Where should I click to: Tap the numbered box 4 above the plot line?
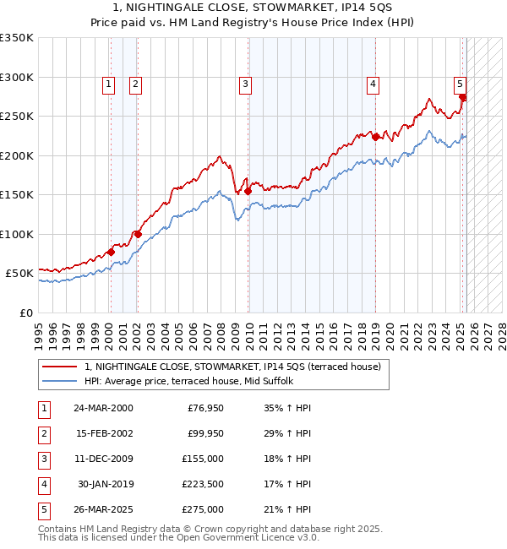373,84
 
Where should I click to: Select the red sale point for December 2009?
248,191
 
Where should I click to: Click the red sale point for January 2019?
375,137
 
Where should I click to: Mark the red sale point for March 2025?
462,97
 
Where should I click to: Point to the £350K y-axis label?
17,38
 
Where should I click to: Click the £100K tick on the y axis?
17,234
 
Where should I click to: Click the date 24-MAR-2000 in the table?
103,408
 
